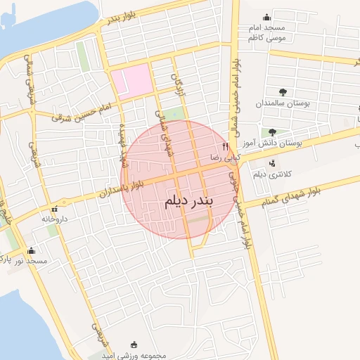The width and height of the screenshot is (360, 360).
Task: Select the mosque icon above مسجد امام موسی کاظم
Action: pos(266,18)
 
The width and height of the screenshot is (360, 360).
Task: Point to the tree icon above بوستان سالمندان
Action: pos(283,92)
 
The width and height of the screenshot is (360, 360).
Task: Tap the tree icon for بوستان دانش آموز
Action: pos(272,131)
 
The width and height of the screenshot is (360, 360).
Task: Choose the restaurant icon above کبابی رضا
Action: pos(226,147)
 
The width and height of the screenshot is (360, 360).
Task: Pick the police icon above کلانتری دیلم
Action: pos(272,163)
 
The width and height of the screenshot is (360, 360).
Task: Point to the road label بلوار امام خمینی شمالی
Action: pos(240,70)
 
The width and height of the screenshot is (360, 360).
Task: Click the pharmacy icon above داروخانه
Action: pos(55,209)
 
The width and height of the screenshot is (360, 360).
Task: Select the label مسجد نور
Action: pos(34,261)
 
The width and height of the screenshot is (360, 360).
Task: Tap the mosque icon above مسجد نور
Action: pos(30,250)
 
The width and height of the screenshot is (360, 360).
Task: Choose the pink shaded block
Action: pos(131,80)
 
